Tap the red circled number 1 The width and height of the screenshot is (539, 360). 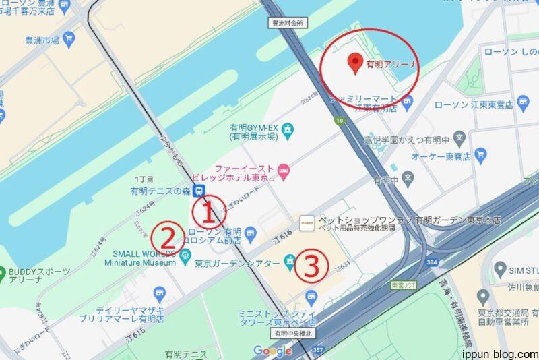pyautogui.click(x=208, y=212)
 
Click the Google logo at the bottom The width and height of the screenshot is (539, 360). pyautogui.click(x=273, y=351)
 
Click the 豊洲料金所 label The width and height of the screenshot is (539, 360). pyautogui.click(x=288, y=22)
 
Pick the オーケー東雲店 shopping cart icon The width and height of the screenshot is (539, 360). pyautogui.click(x=480, y=155)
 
